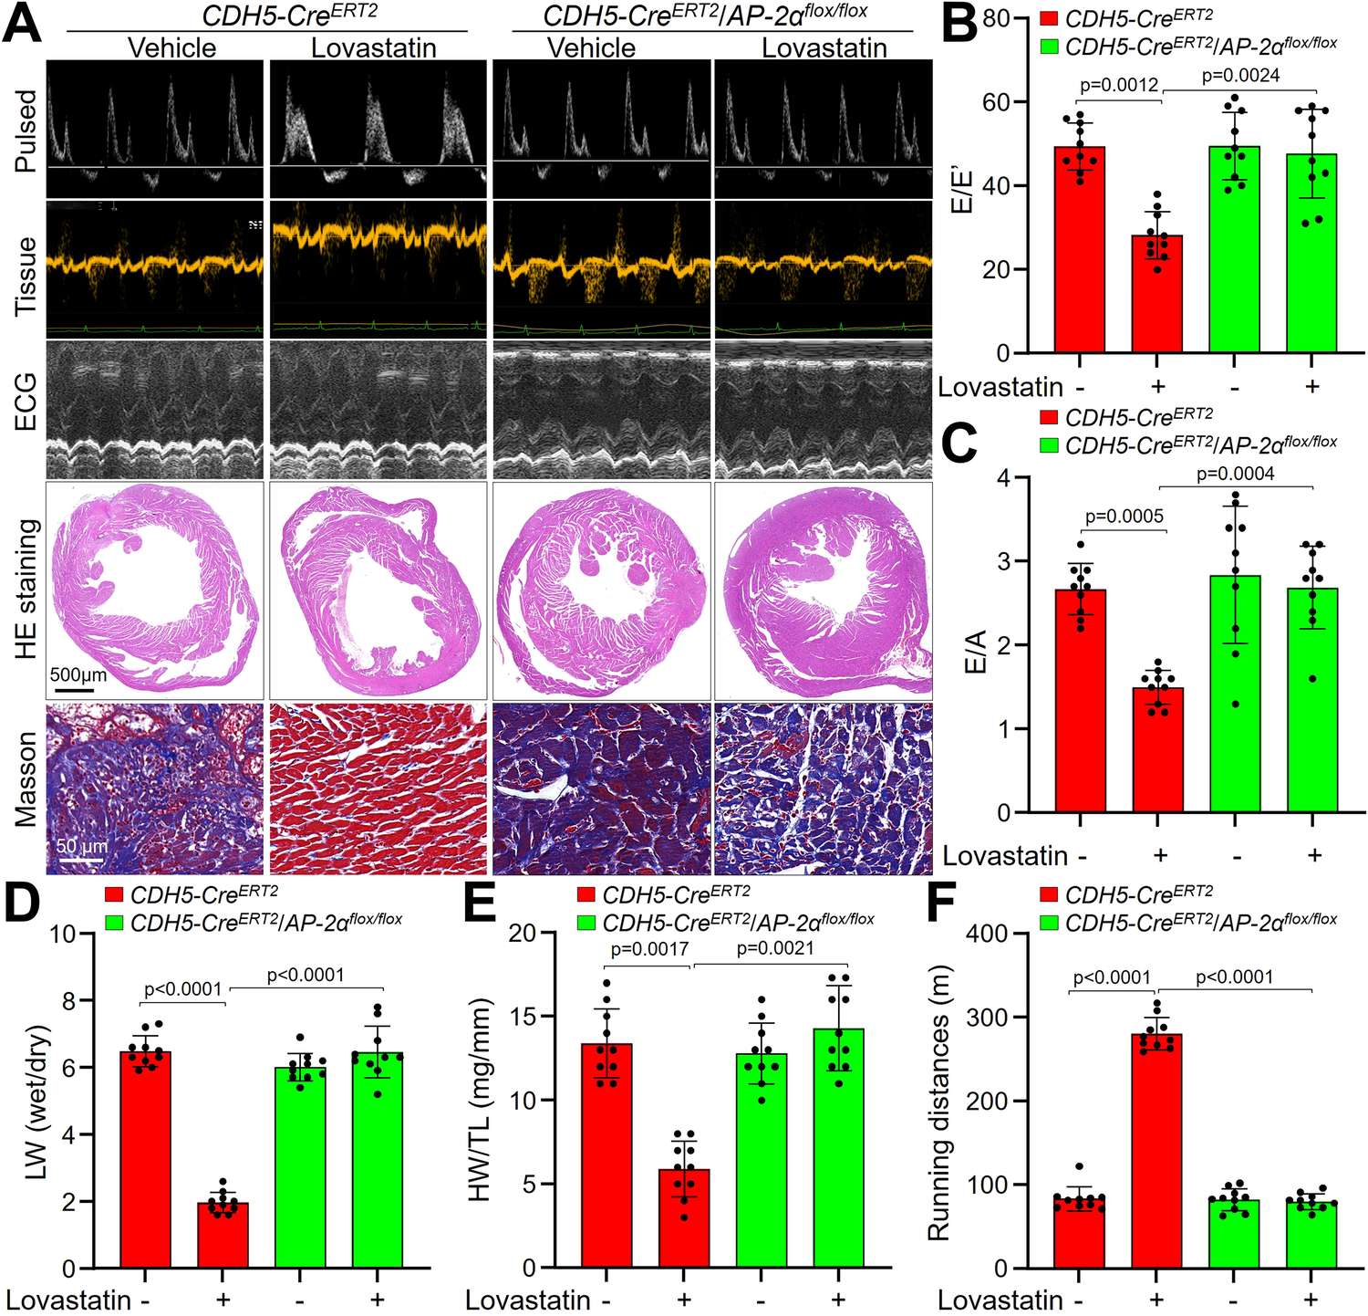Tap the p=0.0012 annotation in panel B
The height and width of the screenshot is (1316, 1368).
pos(1118,85)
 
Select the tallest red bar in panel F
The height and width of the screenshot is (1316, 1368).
pos(1156,1150)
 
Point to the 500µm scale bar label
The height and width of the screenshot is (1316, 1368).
pos(78,675)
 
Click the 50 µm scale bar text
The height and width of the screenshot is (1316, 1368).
pos(82,846)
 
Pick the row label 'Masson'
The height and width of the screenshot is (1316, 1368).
pos(26,779)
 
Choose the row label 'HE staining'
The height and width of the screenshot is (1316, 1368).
pos(26,589)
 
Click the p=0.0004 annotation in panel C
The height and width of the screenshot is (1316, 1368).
pos(1235,473)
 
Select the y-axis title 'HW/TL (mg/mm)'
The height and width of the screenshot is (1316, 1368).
pos(479,1100)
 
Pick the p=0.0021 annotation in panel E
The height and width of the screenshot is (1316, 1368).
pos(774,948)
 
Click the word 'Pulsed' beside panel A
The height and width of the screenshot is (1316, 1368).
pos(26,130)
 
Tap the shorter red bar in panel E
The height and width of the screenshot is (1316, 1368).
pos(684,1218)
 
